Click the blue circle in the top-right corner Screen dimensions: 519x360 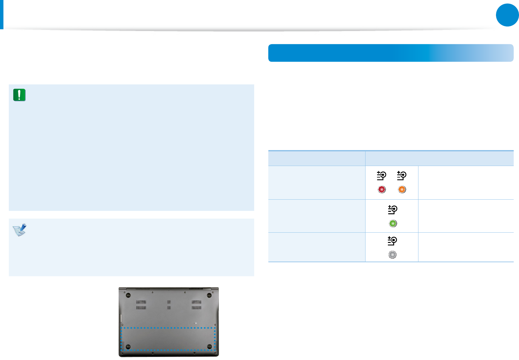click(507, 15)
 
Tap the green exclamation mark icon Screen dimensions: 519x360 click(19, 95)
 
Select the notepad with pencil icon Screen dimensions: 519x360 click(20, 230)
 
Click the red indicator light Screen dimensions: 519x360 click(382, 189)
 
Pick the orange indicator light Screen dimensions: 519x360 click(402, 189)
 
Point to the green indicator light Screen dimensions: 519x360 click(393, 223)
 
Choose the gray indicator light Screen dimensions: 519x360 click(393, 255)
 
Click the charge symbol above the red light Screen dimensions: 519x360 click(381, 176)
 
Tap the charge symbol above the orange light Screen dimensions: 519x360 click(402, 176)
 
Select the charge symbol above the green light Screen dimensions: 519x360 click(393, 210)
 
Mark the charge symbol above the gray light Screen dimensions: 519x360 click(392, 241)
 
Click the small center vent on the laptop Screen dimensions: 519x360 click(169, 305)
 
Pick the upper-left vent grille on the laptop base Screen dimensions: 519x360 click(141, 302)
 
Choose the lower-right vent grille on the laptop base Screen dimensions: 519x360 click(196, 308)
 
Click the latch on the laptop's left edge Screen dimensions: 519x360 click(121, 318)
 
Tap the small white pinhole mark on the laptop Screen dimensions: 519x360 click(195, 323)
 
